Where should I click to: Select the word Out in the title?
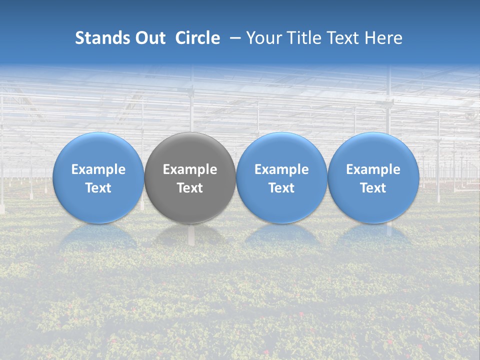click(x=149, y=38)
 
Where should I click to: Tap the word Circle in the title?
click(x=197, y=38)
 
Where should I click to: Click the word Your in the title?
click(x=263, y=38)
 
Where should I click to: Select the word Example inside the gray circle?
click(x=190, y=169)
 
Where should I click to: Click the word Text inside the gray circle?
click(x=190, y=188)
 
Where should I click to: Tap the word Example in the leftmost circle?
click(x=98, y=169)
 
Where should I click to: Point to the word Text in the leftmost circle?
click(x=98, y=188)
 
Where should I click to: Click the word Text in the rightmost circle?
click(x=373, y=188)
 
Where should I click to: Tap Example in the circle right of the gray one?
click(x=281, y=169)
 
